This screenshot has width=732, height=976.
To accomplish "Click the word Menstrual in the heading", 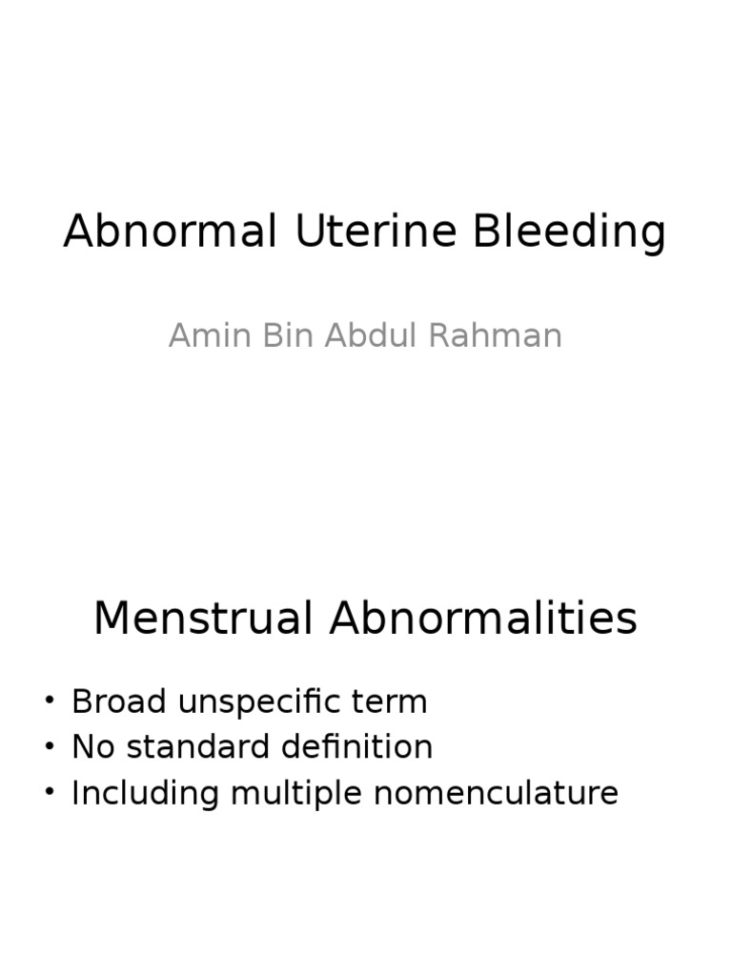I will click(x=204, y=619).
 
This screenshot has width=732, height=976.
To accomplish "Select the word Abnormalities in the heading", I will click(x=483, y=619).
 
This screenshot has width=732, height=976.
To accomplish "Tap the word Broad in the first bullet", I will click(x=112, y=702).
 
